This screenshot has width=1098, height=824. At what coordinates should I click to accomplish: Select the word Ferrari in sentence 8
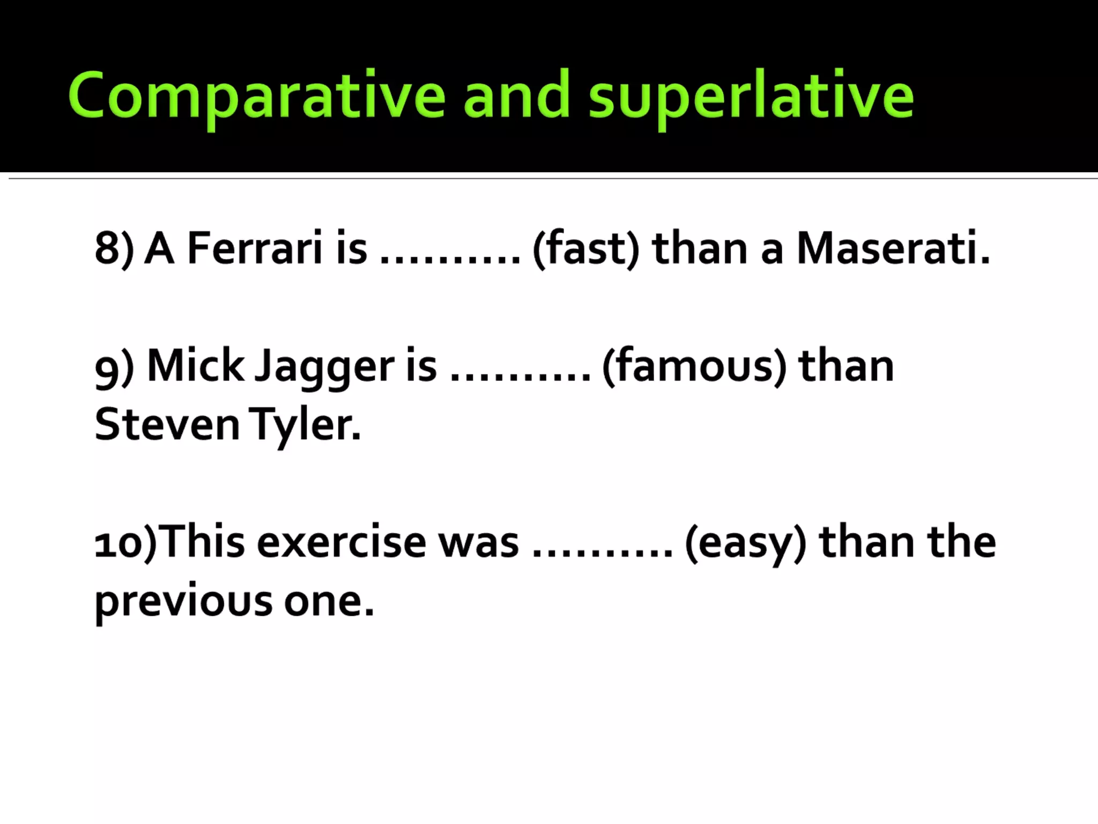coord(255,248)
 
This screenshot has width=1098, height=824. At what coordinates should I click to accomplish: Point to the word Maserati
coord(893,248)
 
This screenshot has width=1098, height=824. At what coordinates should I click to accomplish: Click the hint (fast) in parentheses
coord(585,248)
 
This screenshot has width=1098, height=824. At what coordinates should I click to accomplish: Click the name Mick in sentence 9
coord(196,366)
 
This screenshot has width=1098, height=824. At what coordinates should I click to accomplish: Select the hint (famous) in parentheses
coord(694,366)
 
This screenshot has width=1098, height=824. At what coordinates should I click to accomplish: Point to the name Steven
coord(167,424)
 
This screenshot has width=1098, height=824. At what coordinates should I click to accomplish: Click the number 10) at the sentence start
coord(126,542)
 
